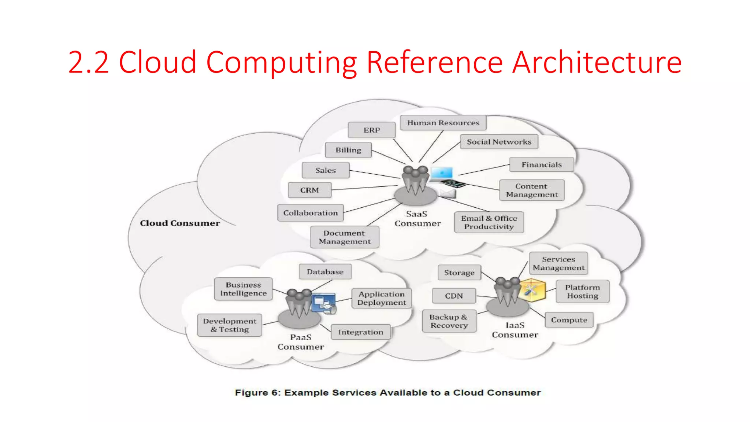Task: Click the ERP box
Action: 372,130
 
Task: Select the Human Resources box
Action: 443,123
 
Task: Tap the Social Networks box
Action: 499,142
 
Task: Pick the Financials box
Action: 542,165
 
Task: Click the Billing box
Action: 348,150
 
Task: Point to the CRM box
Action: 309,190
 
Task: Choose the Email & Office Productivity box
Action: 489,222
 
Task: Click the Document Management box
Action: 345,237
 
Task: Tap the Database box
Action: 325,272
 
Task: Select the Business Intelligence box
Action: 243,289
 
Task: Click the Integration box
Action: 361,332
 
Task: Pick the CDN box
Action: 454,296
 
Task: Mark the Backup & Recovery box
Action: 449,321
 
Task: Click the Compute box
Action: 569,320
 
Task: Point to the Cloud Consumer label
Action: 180,223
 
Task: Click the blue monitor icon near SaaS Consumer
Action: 442,173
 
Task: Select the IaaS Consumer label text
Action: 515,330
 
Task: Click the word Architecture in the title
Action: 597,62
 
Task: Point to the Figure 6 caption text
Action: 387,393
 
